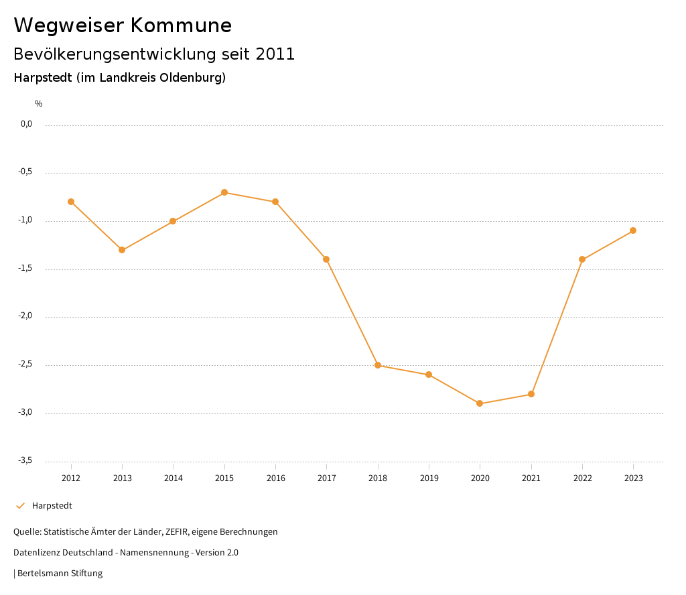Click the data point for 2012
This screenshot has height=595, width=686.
click(71, 202)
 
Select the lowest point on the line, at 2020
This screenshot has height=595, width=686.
click(480, 403)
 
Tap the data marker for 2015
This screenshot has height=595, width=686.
click(224, 192)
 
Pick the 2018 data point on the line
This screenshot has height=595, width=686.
click(378, 365)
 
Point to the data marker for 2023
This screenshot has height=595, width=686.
click(633, 230)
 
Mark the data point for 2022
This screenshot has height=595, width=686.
click(582, 259)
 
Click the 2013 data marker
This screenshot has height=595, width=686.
click(122, 250)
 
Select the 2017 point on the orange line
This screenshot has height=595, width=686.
click(326, 259)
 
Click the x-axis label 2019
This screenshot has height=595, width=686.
click(429, 478)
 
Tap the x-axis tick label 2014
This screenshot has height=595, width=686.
click(173, 478)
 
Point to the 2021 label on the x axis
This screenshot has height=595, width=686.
click(531, 478)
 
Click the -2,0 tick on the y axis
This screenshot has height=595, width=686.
click(25, 316)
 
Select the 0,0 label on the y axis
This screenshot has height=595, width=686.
click(26, 124)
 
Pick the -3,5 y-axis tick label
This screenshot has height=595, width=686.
click(25, 460)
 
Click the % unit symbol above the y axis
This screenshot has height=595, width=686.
click(39, 104)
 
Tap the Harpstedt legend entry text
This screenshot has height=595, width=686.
click(52, 506)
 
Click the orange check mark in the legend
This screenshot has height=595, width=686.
click(20, 506)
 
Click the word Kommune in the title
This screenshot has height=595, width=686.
click(182, 25)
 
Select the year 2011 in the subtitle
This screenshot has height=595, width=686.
click(275, 54)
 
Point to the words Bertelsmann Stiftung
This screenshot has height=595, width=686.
click(60, 574)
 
